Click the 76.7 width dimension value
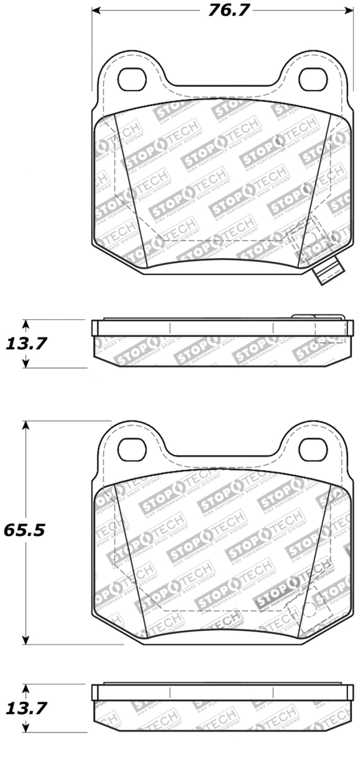tap(229, 10)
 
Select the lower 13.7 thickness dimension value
tap(26, 708)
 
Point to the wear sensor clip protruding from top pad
tap(328, 273)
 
